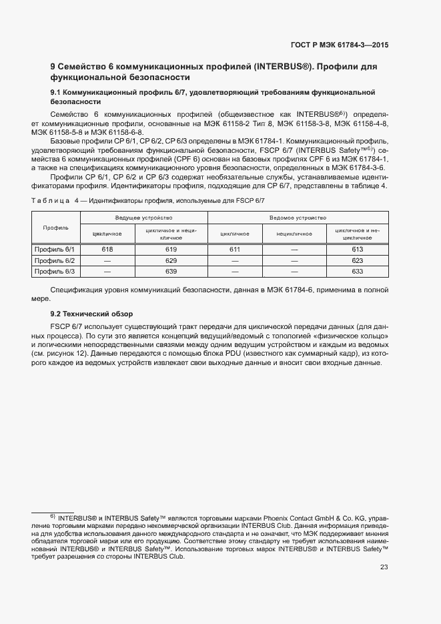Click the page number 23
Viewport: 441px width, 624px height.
click(x=384, y=567)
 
